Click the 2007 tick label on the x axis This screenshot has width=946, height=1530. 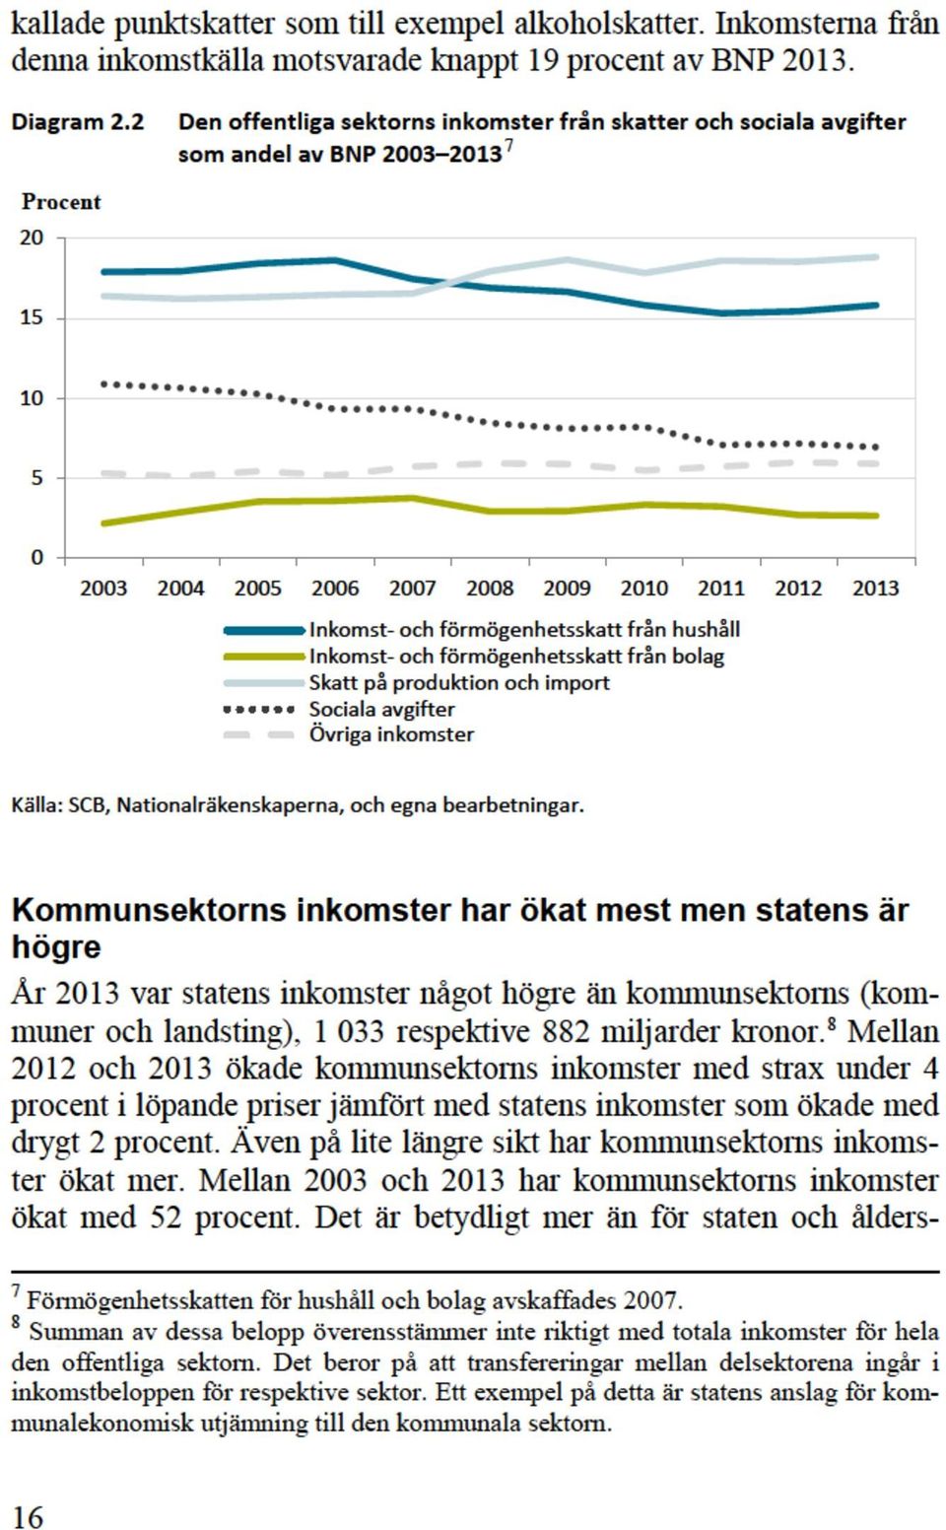(x=412, y=589)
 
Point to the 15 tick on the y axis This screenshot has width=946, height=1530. (x=33, y=318)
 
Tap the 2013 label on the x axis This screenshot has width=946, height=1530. (x=876, y=589)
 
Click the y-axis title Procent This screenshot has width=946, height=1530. (x=61, y=202)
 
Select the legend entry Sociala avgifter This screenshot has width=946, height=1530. (x=381, y=709)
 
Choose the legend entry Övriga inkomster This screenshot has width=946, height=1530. (x=391, y=735)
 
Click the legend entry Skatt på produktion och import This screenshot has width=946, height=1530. (x=459, y=682)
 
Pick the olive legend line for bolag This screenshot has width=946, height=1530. (x=264, y=657)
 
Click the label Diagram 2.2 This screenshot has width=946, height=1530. (x=78, y=122)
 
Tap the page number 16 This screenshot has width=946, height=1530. (x=28, y=1512)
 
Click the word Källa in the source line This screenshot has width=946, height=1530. (x=36, y=805)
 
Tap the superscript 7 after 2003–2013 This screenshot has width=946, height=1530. (x=508, y=146)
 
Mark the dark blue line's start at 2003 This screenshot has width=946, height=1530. (x=103, y=272)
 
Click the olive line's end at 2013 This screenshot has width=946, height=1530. (x=876, y=516)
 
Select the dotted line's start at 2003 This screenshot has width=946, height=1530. (x=103, y=383)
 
